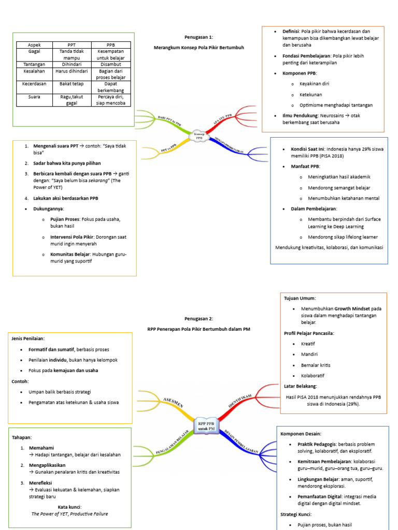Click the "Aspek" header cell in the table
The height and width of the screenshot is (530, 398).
[35, 45]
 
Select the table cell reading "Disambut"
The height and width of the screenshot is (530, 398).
[111, 65]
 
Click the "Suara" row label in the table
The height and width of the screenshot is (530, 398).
[35, 97]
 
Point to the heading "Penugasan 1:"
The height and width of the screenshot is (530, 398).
[198, 37]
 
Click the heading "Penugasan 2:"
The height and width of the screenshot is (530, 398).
[198, 319]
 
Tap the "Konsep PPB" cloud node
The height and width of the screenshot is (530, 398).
[199, 136]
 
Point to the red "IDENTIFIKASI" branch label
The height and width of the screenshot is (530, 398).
[240, 402]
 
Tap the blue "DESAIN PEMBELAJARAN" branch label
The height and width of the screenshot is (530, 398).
[241, 443]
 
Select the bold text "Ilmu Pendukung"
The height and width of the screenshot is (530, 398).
[294, 115]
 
